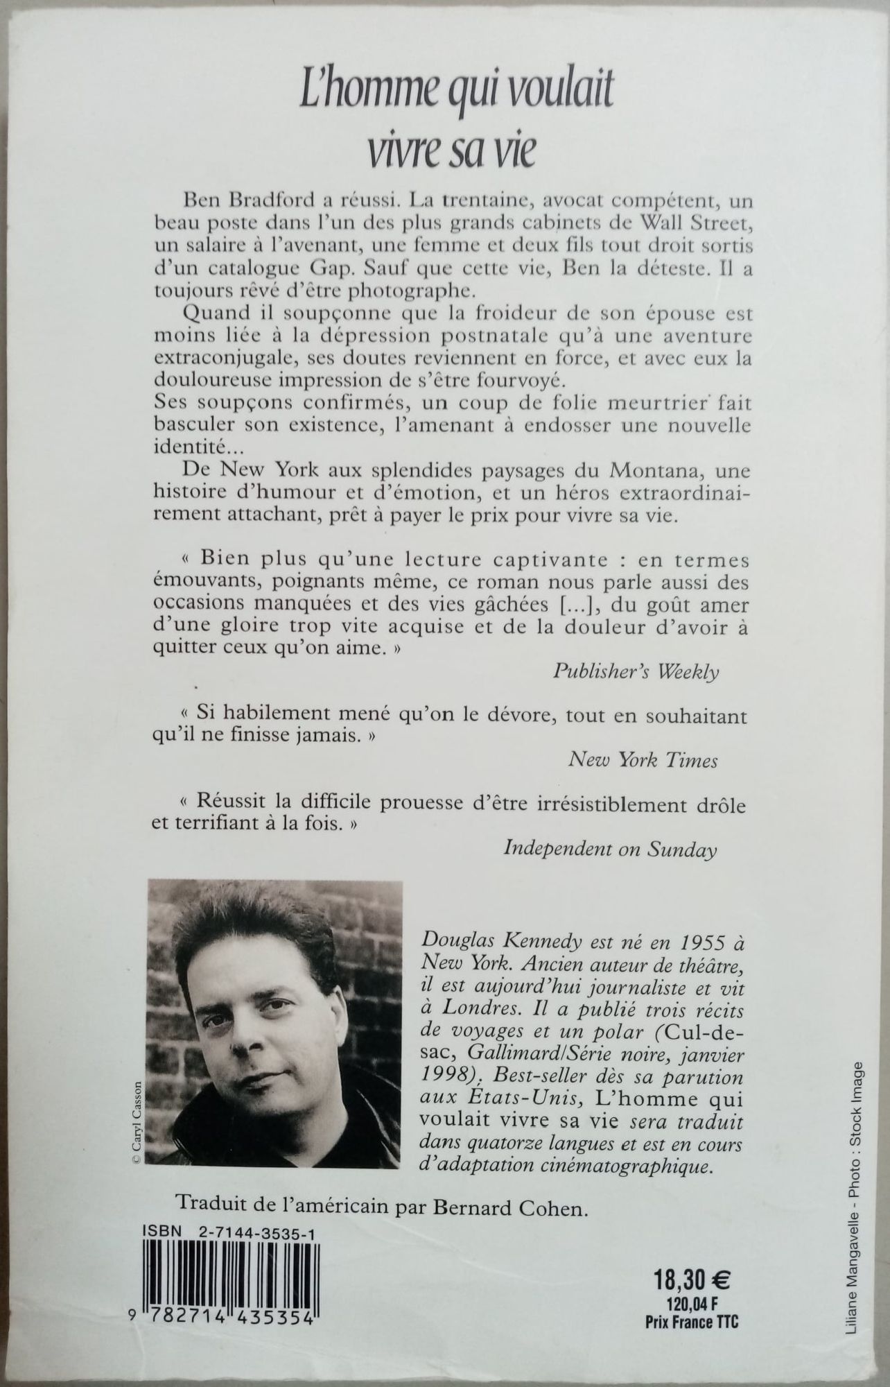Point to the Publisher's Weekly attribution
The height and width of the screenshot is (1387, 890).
point(636,672)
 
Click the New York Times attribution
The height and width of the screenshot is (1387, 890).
point(643,761)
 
